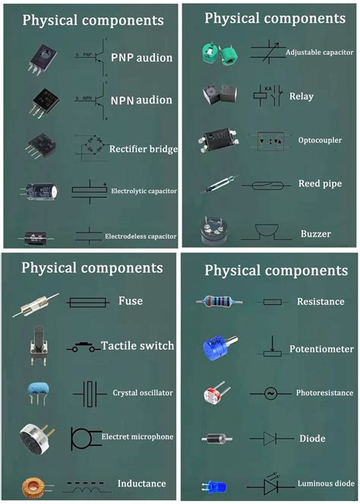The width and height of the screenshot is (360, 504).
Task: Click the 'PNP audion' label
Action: pyautogui.click(x=141, y=57)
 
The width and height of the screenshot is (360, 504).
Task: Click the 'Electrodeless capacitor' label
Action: pyautogui.click(x=141, y=236)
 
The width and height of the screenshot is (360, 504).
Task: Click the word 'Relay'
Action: pyautogui.click(x=302, y=97)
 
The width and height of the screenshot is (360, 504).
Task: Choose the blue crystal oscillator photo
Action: pyautogui.click(x=36, y=391)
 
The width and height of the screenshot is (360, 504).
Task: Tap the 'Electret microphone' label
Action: pyautogui.click(x=143, y=436)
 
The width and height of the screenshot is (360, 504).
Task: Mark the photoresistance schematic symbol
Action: pyautogui.click(x=270, y=393)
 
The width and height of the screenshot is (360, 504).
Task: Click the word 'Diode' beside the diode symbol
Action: pyautogui.click(x=312, y=439)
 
